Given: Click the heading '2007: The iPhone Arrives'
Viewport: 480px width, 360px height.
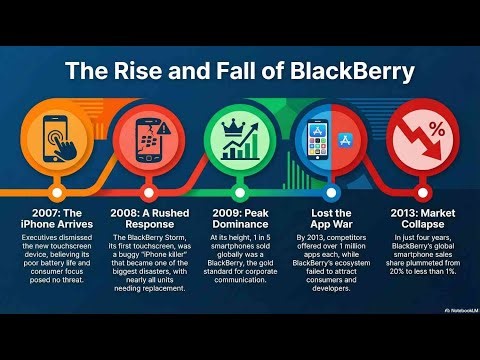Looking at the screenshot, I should coord(56,219).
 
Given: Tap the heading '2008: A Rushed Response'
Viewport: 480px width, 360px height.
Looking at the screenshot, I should coord(148,219).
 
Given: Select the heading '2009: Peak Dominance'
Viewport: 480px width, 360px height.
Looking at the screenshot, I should coord(240,219).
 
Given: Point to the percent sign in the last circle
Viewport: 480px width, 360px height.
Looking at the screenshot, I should coord(437,128).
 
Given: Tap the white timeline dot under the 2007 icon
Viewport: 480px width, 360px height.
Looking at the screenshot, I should coord(57,191).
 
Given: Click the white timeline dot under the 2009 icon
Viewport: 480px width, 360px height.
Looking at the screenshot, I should coord(241,191).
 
